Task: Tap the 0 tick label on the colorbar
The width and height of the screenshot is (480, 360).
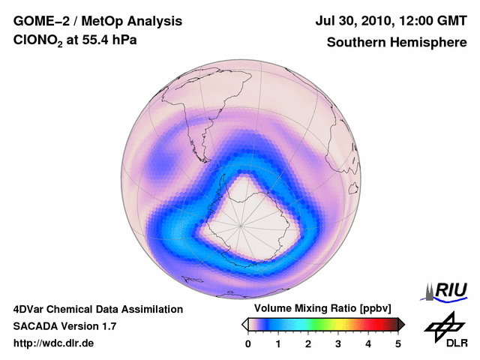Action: pyautogui.click(x=248, y=343)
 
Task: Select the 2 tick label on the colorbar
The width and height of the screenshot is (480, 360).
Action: pyautogui.click(x=308, y=343)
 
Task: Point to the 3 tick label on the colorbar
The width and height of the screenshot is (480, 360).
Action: pyautogui.click(x=338, y=343)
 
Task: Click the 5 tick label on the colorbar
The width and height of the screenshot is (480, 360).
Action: pyautogui.click(x=398, y=343)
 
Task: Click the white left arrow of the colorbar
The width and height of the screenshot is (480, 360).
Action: pyautogui.click(x=244, y=324)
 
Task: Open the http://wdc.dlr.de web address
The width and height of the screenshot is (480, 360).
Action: pyautogui.click(x=54, y=343)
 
